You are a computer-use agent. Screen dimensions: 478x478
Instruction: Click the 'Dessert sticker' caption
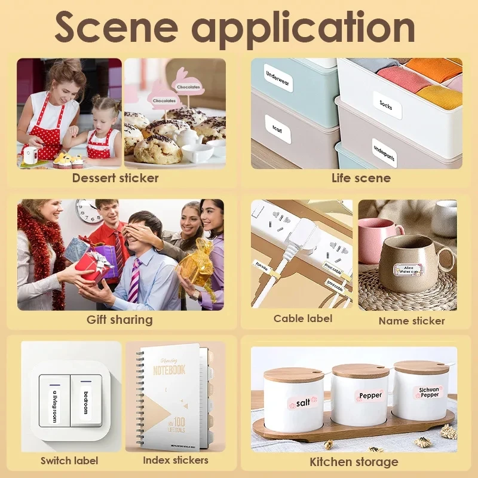[x=115, y=177]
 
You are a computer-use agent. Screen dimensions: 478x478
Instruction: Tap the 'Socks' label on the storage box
[x=386, y=104]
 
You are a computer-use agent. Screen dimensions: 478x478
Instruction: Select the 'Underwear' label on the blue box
[x=277, y=78]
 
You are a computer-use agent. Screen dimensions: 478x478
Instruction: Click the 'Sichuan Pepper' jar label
[x=428, y=393]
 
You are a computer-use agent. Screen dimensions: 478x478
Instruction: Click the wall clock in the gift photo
[x=88, y=211]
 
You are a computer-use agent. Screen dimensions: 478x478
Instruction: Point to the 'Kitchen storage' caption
[x=354, y=461]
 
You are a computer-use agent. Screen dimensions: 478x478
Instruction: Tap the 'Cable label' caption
[x=303, y=318]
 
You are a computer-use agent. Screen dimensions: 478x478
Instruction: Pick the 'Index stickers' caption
[x=176, y=460]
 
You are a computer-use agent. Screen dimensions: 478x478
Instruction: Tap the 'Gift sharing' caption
[x=119, y=320]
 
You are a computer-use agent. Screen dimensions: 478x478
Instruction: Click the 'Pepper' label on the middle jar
[x=370, y=396]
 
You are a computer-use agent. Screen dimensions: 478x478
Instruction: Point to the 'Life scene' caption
[x=361, y=177]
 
